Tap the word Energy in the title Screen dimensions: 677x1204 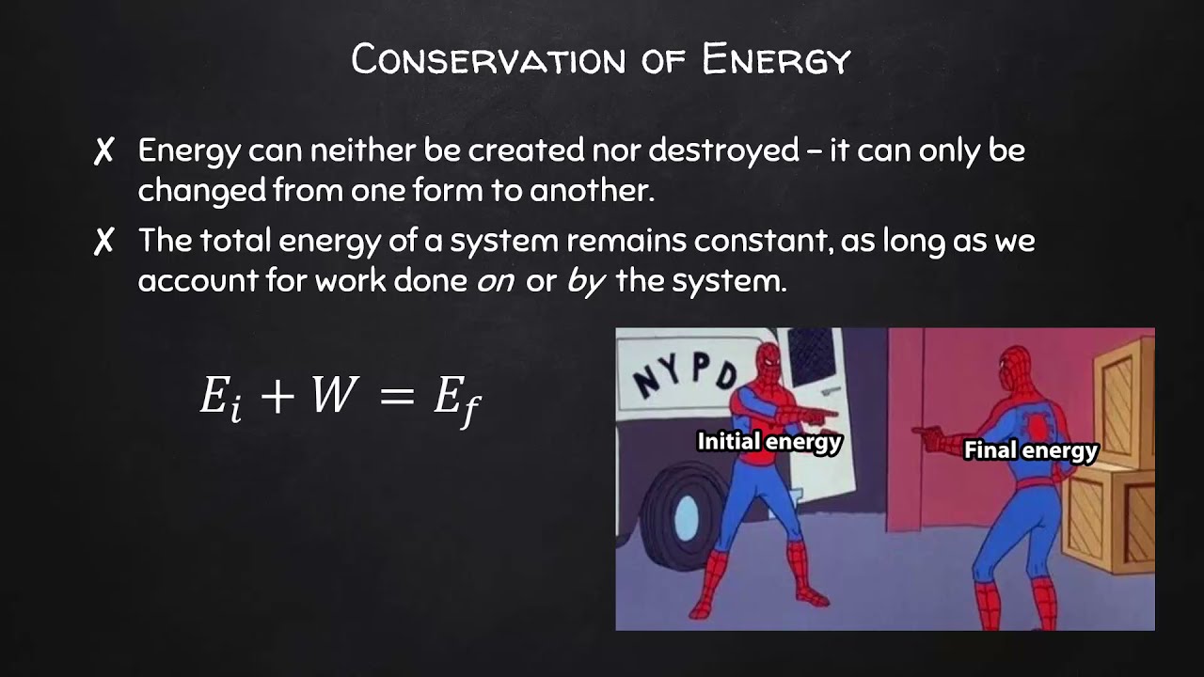pyautogui.click(x=776, y=60)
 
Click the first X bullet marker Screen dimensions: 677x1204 pyautogui.click(x=103, y=150)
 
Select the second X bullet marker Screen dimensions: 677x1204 pyautogui.click(x=103, y=241)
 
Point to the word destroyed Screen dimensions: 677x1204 pyautogui.click(x=723, y=150)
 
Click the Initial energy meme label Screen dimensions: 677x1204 pyautogui.click(x=768, y=441)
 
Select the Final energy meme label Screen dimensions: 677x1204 pyautogui.click(x=1031, y=450)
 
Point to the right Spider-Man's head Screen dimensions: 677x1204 pyautogui.click(x=1014, y=366)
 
